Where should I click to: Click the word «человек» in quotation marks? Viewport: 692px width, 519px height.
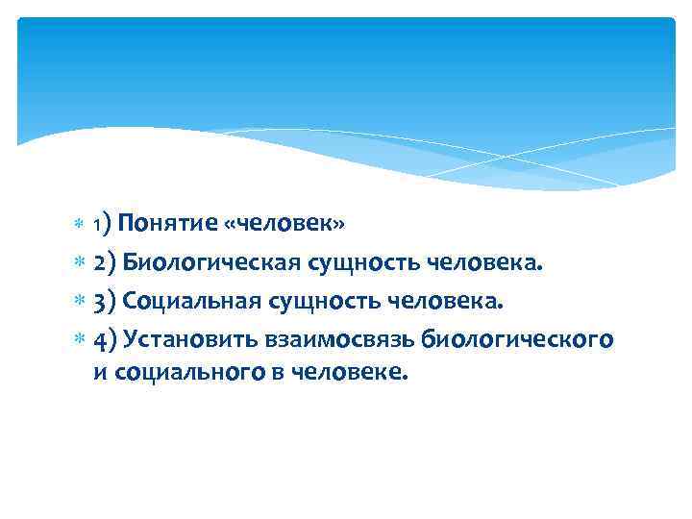click(x=284, y=224)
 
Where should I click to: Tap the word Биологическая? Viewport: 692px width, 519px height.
click(x=211, y=263)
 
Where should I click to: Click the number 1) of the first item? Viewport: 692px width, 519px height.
click(x=104, y=225)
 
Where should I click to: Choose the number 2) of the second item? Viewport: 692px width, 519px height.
click(x=105, y=263)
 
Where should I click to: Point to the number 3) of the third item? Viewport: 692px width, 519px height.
click(x=105, y=303)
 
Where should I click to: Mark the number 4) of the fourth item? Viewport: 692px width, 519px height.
click(x=106, y=341)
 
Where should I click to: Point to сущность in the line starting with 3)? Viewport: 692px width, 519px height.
click(x=335, y=303)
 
